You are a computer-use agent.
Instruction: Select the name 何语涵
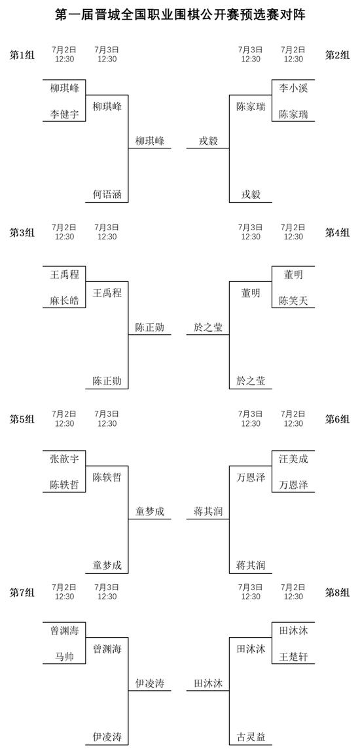107,194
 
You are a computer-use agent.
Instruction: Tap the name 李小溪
293,88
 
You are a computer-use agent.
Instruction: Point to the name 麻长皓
64,300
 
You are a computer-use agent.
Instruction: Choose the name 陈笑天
293,300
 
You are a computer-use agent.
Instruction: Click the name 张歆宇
64,459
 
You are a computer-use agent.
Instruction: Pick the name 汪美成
293,459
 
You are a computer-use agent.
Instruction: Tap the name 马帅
64,657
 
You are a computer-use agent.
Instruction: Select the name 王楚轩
293,657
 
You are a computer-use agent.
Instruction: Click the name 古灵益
251,737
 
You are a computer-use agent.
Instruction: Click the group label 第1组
22,54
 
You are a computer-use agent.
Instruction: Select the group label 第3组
22,232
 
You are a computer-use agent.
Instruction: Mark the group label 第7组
22,593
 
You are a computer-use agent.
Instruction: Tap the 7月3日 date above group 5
107,413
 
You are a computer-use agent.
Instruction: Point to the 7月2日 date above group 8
293,587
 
